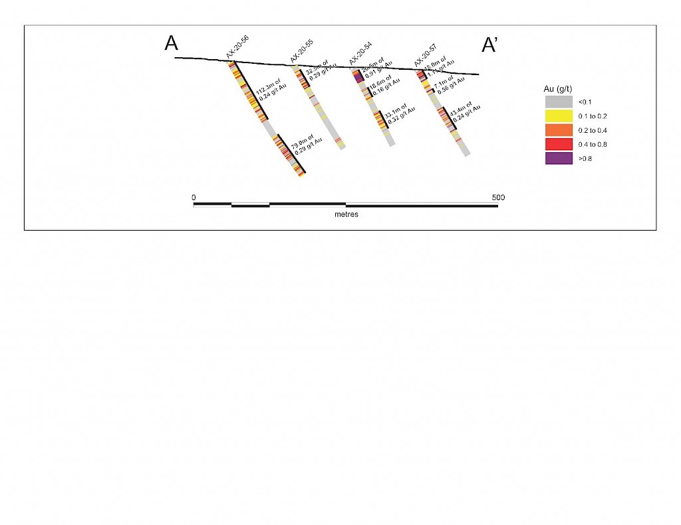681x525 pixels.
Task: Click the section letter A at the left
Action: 172,44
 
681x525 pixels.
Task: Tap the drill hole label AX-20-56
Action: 237,48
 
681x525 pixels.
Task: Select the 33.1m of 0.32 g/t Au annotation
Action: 397,114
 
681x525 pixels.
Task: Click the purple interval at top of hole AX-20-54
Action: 358,77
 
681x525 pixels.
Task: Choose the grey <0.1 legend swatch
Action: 559,102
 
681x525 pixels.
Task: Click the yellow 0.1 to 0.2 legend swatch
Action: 559,116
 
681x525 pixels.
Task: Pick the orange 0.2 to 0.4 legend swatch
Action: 559,130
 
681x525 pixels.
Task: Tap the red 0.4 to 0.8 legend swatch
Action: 559,144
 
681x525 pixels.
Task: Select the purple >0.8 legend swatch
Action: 559,158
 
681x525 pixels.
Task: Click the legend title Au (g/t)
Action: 558,88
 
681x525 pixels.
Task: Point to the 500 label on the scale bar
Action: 498,197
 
